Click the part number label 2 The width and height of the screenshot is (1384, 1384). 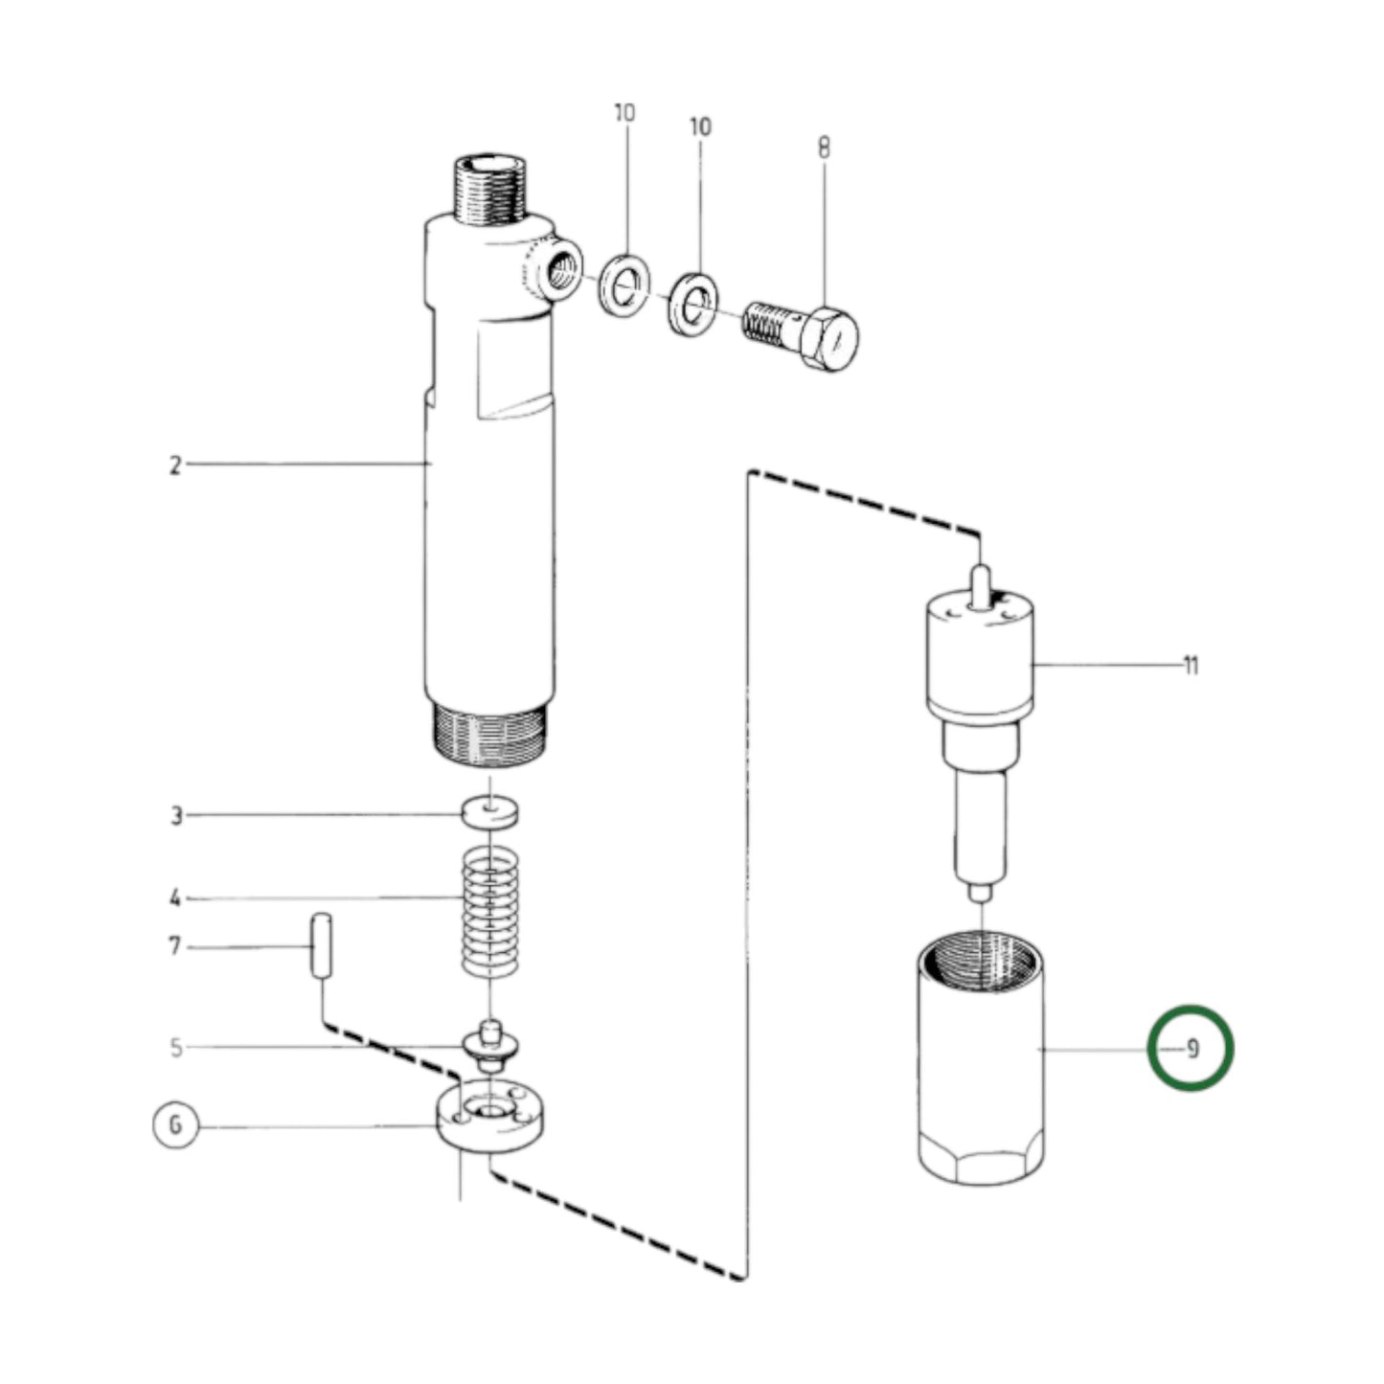click(175, 465)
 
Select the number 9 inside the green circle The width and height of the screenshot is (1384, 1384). click(1191, 1050)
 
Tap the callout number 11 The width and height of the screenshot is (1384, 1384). click(1190, 665)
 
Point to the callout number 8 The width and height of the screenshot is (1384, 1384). click(824, 148)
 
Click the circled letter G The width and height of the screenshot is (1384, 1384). click(175, 1124)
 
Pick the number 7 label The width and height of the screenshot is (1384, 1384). click(174, 947)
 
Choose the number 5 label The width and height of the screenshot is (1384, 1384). click(176, 1047)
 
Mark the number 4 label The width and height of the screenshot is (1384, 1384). click(175, 898)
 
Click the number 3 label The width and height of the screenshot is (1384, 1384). click(176, 816)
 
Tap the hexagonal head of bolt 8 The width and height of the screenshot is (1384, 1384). click(829, 339)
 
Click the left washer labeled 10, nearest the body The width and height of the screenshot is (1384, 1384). click(625, 284)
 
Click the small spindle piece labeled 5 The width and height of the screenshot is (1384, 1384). click(490, 1046)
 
